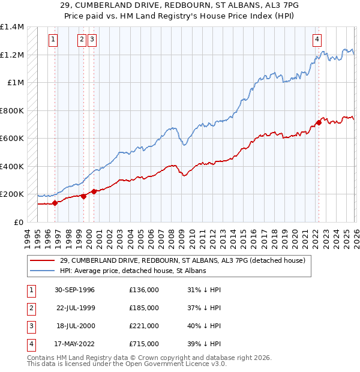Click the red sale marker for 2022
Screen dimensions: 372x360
pyautogui.click(x=319, y=123)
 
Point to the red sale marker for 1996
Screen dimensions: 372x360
pyautogui.click(x=55, y=203)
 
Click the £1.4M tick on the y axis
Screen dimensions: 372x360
pyautogui.click(x=12, y=27)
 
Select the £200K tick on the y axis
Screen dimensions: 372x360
pyautogui.click(x=12, y=194)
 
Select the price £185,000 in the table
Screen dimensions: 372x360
pyautogui.click(x=144, y=308)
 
